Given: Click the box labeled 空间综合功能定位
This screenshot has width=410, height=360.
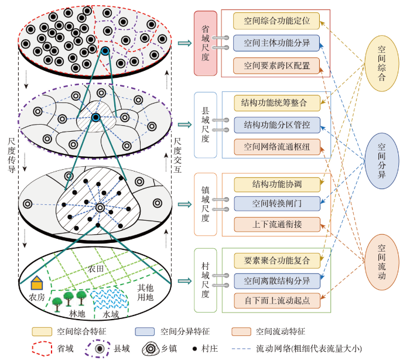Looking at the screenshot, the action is [276, 21].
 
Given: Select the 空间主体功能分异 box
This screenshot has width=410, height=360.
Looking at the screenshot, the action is [276, 43].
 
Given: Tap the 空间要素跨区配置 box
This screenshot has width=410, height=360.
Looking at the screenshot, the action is [276, 66].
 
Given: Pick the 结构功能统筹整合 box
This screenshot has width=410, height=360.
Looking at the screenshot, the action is [277, 103].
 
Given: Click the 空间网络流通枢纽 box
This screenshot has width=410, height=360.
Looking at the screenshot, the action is [277, 147].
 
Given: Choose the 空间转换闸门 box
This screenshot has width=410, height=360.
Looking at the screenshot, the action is [277, 204].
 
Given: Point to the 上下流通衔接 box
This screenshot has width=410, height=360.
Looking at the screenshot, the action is [277, 224].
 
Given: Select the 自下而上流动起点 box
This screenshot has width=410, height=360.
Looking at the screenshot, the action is [277, 300].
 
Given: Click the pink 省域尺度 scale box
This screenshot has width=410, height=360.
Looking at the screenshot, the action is [206, 43].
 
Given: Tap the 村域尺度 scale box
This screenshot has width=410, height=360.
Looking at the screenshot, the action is [206, 280].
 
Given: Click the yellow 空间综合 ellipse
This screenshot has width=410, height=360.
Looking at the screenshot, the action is [382, 63].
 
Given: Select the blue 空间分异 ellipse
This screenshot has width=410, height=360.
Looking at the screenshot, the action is [382, 160].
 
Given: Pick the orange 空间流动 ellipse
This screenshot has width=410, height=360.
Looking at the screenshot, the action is [382, 262].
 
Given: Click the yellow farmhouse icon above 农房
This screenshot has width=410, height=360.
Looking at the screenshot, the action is [37, 283].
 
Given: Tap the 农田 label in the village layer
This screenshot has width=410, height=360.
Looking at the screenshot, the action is [95, 269].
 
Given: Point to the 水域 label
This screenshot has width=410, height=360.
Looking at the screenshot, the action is [111, 314].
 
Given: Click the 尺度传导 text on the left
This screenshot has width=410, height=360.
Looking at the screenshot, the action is [12, 155].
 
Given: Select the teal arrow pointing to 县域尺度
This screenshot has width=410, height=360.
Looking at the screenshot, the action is [185, 125].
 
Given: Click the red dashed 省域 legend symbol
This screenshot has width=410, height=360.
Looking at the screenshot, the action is [42, 348].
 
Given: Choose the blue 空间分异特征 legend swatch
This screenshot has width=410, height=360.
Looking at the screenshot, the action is [145, 331].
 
